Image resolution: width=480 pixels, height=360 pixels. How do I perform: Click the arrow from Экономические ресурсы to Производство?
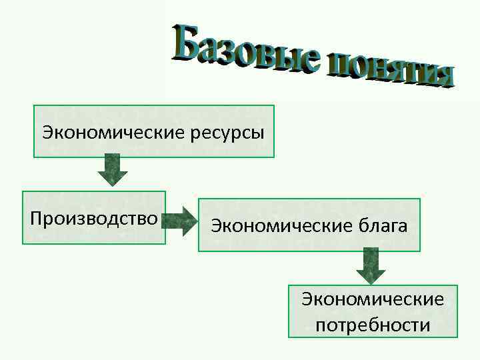113,170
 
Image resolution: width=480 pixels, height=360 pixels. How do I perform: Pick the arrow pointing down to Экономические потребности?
371,265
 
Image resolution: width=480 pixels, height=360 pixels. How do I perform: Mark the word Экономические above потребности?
373,299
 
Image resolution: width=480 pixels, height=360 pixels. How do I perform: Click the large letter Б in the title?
187,41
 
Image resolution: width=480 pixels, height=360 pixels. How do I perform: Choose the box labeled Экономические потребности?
373,311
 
